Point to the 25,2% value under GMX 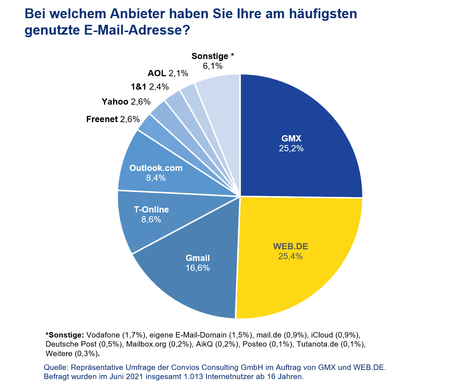point(291,148)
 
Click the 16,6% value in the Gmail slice point(198,268)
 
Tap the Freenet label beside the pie point(102,119)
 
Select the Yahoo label point(115,102)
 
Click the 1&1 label point(139,87)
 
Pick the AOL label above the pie point(157,73)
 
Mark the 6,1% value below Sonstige point(213,66)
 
